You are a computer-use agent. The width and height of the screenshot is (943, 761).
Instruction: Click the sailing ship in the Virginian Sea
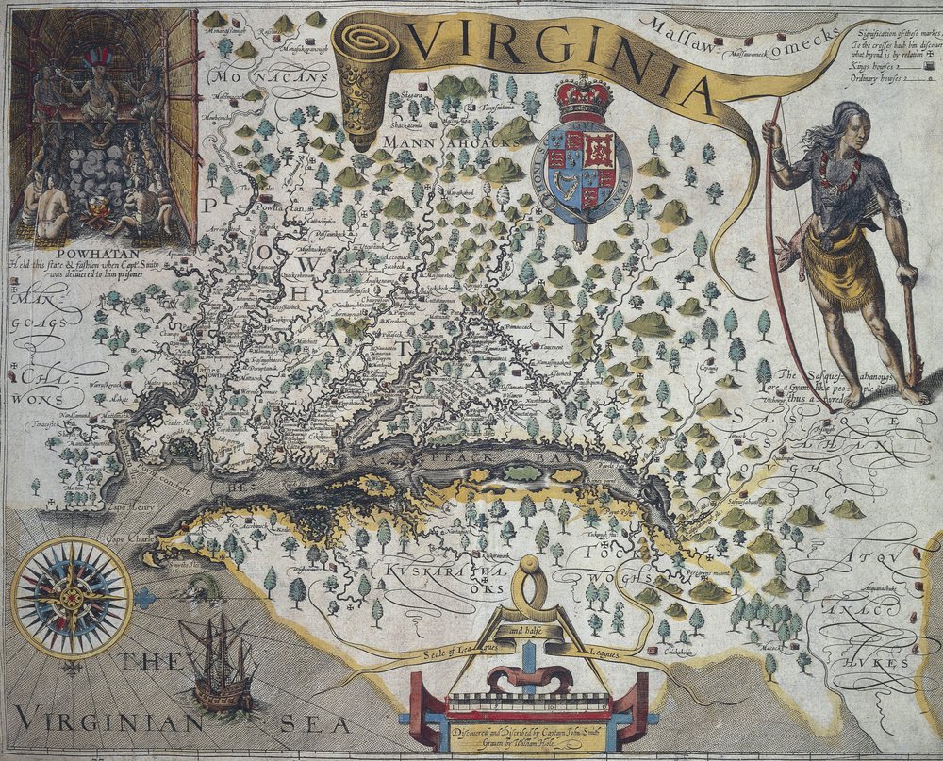pos(220,665)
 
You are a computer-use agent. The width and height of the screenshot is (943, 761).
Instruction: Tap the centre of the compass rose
pos(72,597)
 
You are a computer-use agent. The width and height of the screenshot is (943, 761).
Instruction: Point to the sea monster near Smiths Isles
pos(199,590)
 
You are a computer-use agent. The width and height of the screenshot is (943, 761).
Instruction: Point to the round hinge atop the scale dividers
pos(529,565)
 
